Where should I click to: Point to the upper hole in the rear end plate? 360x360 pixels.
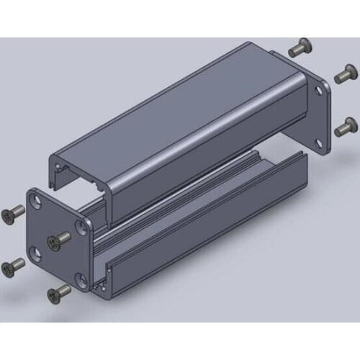click(x=320, y=91)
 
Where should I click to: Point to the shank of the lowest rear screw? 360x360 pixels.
click(x=351, y=122)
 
